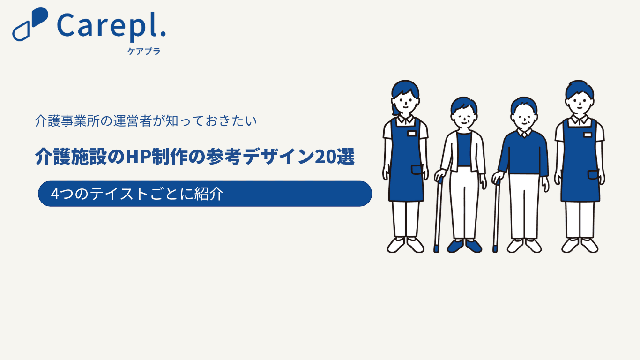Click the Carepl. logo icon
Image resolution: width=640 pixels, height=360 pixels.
pos(30,24)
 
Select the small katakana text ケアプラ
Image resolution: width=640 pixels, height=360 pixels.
pos(144,51)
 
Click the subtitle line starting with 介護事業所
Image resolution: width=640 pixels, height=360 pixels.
pos(146,121)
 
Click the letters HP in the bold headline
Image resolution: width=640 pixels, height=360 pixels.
pos(138,157)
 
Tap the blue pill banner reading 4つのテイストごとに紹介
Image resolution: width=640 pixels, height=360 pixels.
pos(205,194)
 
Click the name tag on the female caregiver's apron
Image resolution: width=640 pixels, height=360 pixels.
pos(412,134)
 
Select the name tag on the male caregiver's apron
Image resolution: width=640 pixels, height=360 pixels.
pos(588,135)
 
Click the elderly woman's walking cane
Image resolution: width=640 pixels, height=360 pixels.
pos(438,215)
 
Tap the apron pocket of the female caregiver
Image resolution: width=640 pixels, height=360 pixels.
pos(417,170)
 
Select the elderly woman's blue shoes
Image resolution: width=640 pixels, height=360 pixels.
pos(465,246)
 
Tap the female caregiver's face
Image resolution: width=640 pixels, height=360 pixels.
pos(405,103)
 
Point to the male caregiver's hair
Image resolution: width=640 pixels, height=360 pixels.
pos(580,89)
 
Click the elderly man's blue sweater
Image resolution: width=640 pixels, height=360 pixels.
pos(523,154)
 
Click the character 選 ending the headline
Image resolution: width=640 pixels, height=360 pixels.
pos(345,157)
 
